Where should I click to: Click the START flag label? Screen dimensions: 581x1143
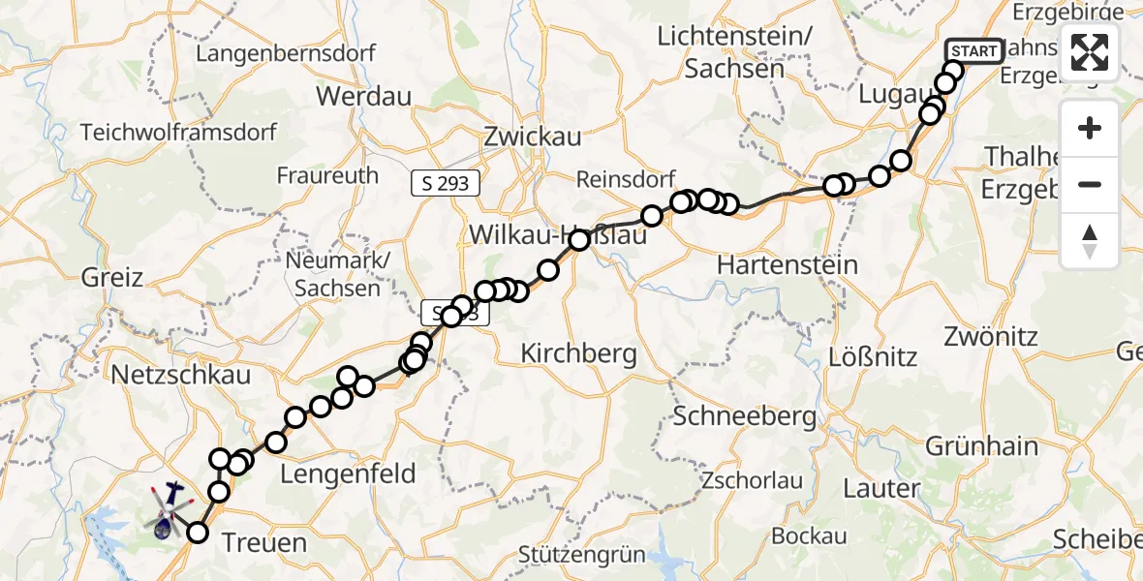click(x=973, y=51)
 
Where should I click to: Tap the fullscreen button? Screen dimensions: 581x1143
click(x=1090, y=52)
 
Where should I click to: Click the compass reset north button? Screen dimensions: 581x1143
click(x=1090, y=241)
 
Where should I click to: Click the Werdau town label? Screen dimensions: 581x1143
click(x=363, y=96)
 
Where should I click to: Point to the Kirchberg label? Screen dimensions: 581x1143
click(x=578, y=353)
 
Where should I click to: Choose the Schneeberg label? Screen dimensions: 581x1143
click(x=744, y=416)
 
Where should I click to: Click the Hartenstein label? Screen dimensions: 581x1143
click(x=787, y=264)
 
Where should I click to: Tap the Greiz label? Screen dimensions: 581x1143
click(x=112, y=278)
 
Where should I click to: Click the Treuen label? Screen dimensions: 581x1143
click(x=264, y=542)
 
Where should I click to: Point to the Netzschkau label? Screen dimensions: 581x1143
click(x=181, y=375)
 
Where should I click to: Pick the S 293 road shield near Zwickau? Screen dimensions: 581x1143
click(x=446, y=183)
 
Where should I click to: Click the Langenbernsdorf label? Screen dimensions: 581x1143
click(x=285, y=53)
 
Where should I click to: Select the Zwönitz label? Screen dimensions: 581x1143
click(x=995, y=337)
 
